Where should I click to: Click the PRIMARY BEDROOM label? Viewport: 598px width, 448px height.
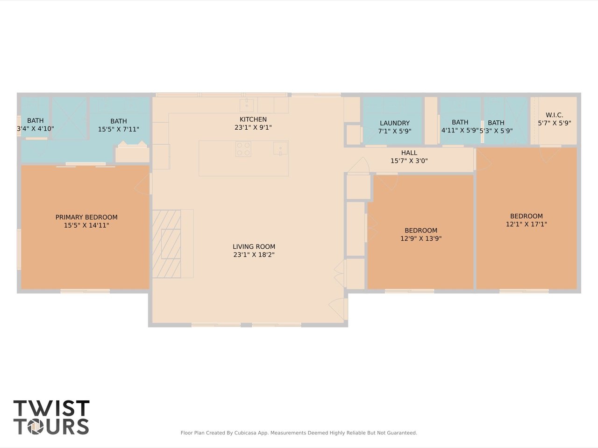click(x=86, y=217)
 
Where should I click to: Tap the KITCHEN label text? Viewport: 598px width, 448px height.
click(x=253, y=119)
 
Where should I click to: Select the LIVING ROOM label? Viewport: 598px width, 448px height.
click(x=254, y=246)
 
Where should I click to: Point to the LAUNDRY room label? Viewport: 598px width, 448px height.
click(x=395, y=123)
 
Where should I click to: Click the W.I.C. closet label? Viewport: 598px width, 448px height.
click(x=555, y=115)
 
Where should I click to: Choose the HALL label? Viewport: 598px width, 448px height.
click(x=409, y=153)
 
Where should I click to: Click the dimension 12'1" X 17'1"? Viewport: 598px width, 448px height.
click(x=527, y=224)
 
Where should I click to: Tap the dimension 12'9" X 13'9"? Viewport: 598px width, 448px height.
click(x=421, y=238)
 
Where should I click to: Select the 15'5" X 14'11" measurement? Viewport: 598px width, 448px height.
click(x=86, y=225)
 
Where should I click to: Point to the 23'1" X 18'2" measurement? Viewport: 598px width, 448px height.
click(x=254, y=255)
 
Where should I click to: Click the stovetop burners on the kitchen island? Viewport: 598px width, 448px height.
click(x=243, y=149)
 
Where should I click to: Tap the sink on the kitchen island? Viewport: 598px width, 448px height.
click(x=281, y=148)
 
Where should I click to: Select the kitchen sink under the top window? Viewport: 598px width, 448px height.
click(x=247, y=105)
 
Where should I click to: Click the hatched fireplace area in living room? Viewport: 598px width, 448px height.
click(x=166, y=244)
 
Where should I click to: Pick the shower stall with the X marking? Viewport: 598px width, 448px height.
click(x=69, y=119)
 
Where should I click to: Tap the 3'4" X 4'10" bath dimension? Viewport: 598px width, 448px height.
click(x=36, y=128)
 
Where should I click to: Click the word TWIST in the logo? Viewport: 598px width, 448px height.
click(x=51, y=408)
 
